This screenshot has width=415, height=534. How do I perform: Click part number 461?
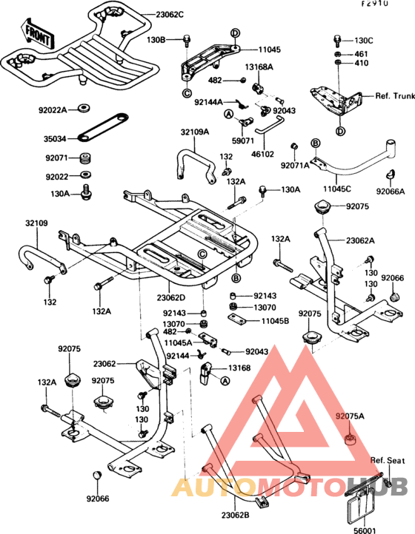[x=360, y=54]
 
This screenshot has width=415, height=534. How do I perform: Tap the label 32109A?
[x=194, y=132]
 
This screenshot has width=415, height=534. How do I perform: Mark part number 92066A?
[x=390, y=191]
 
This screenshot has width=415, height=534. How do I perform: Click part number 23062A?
[x=360, y=240]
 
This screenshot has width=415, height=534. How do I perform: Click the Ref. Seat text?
[x=388, y=461]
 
